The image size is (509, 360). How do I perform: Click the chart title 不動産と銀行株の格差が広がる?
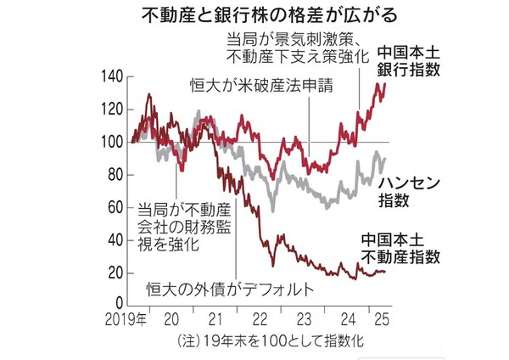point(254,15)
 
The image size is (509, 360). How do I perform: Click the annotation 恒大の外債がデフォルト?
point(225,288)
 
